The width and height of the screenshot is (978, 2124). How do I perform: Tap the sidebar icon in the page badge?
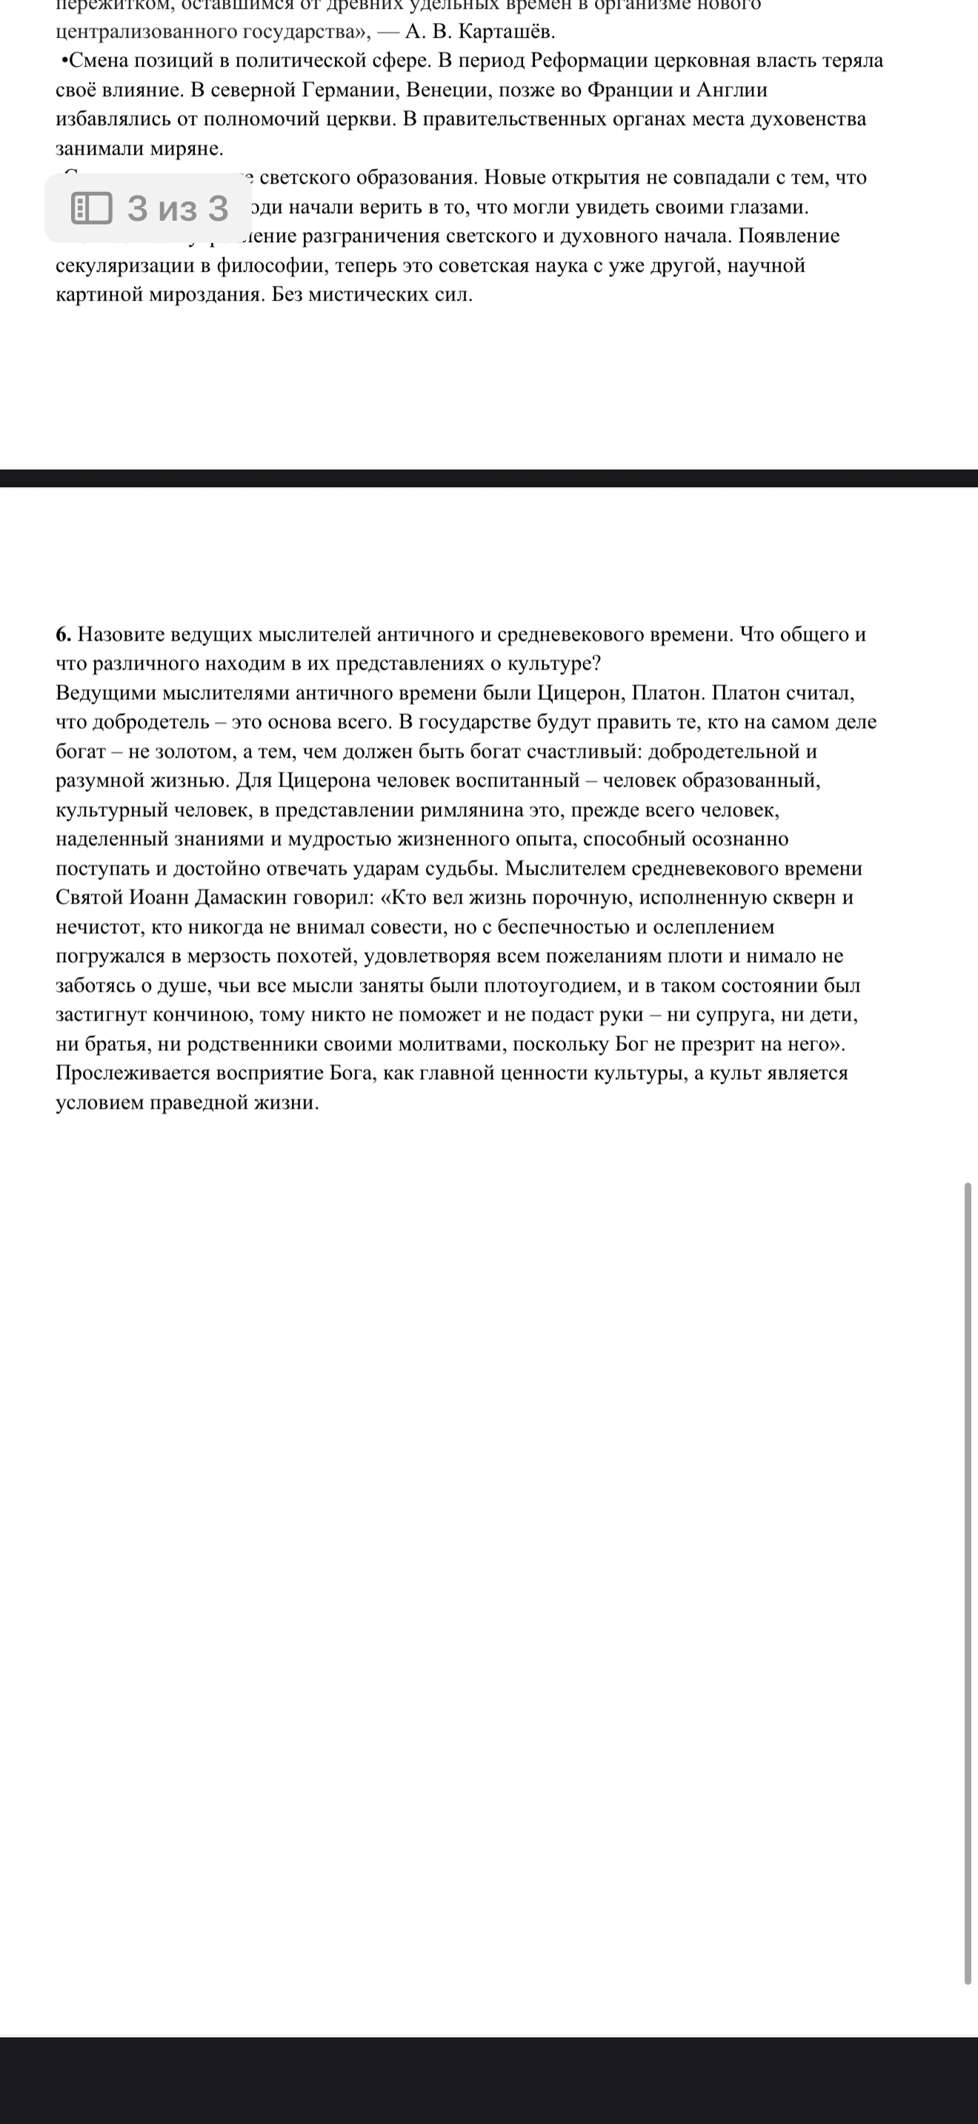(x=92, y=208)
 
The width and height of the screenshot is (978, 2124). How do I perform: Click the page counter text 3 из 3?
(x=177, y=208)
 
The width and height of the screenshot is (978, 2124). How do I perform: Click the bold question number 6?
(x=64, y=634)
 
